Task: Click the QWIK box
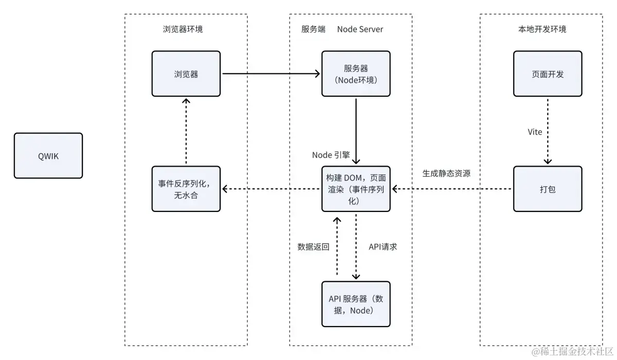pyautogui.click(x=48, y=156)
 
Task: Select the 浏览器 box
pyautogui.click(x=186, y=74)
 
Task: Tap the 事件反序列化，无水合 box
pyautogui.click(x=186, y=189)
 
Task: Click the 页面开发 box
pyautogui.click(x=548, y=74)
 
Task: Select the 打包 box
pyautogui.click(x=548, y=189)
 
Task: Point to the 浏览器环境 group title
pyautogui.click(x=183, y=29)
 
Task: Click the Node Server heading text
pyautogui.click(x=360, y=29)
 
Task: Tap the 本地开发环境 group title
pyautogui.click(x=542, y=29)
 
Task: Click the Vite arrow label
pyautogui.click(x=535, y=132)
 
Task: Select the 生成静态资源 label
pyautogui.click(x=446, y=173)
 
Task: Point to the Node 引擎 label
pyautogui.click(x=331, y=155)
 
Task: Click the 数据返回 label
pyautogui.click(x=313, y=247)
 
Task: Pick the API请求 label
pyautogui.click(x=383, y=247)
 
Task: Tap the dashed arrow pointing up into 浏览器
pyautogui.click(x=186, y=131)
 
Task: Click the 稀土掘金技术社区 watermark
pyautogui.click(x=572, y=351)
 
